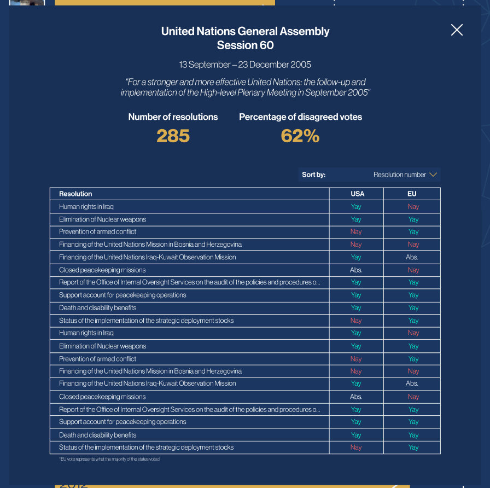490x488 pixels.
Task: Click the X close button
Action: pos(457,30)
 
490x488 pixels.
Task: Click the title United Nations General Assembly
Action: pos(245,31)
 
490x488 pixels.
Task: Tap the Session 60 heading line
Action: pos(245,45)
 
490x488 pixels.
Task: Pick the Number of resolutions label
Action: pos(173,117)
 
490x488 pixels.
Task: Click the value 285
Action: pos(173,136)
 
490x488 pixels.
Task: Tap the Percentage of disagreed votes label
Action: pos(300,117)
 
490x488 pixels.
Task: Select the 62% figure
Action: pos(300,136)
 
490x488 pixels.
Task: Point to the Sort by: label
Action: pos(313,175)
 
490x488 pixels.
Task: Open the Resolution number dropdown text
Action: pos(399,175)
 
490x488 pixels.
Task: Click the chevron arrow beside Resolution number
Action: pos(433,175)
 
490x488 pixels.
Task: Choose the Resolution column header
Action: pos(75,194)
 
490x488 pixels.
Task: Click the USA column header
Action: pos(357,194)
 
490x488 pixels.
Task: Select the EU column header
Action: pos(412,194)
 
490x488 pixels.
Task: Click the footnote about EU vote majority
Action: pos(109,459)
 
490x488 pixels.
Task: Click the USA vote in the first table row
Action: pos(356,207)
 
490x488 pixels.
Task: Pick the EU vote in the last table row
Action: pos(413,448)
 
